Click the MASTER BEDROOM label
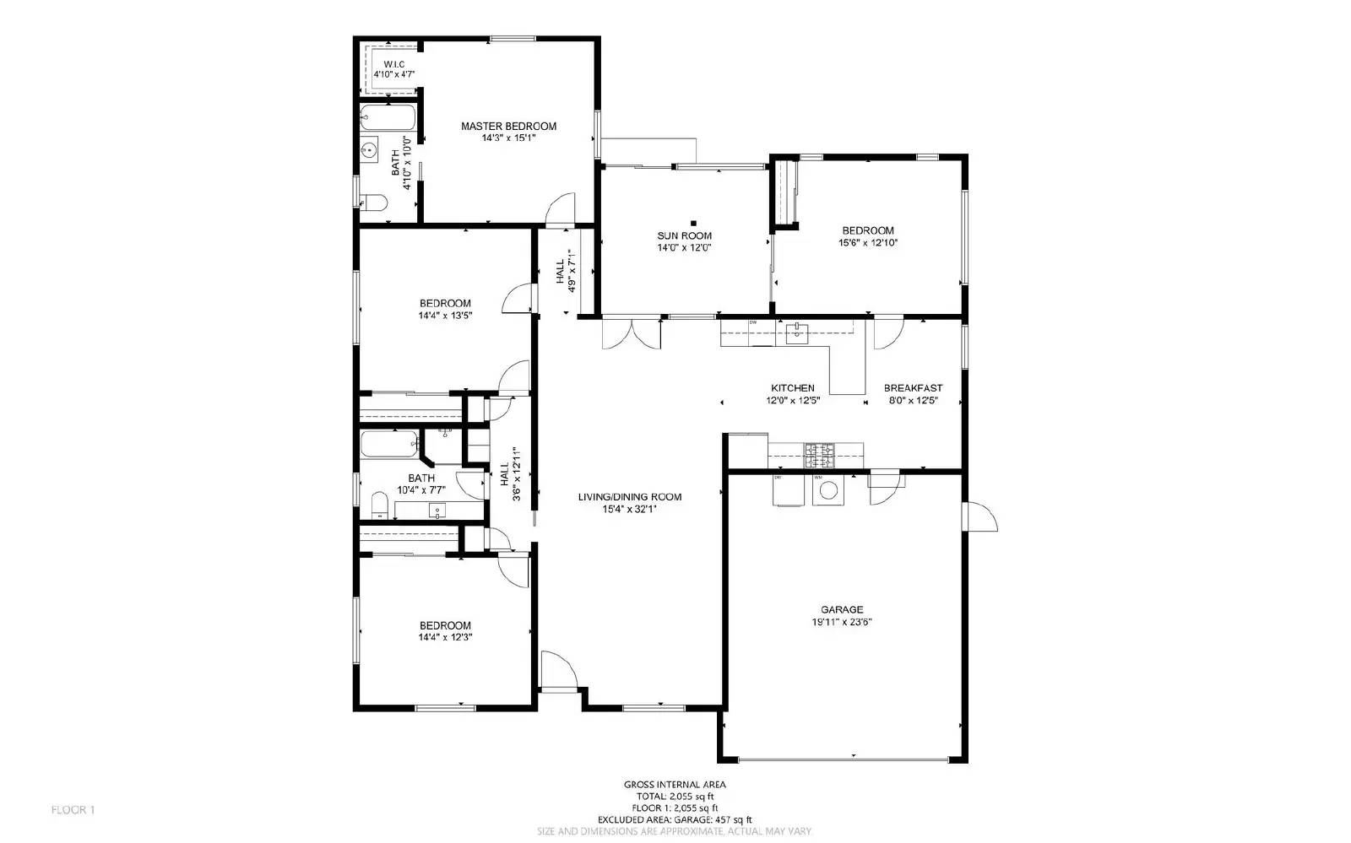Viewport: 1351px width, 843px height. click(508, 127)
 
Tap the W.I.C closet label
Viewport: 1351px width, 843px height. click(393, 64)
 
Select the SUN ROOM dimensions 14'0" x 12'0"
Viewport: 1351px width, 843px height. click(684, 248)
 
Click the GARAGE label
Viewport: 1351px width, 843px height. click(842, 609)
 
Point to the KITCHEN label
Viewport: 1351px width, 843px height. click(792, 388)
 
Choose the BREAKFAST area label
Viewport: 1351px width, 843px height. click(913, 388)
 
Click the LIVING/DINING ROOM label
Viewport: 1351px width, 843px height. click(629, 497)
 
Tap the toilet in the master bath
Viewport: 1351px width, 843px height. click(372, 202)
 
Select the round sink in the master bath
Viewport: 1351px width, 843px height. click(369, 150)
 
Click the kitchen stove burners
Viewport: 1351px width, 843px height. click(818, 456)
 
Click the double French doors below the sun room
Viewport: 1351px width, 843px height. click(630, 333)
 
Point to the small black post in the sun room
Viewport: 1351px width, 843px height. click(693, 224)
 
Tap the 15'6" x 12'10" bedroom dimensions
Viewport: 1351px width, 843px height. click(867, 243)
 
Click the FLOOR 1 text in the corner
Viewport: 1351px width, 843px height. click(73, 810)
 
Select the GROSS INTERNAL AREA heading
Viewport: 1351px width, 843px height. click(674, 784)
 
